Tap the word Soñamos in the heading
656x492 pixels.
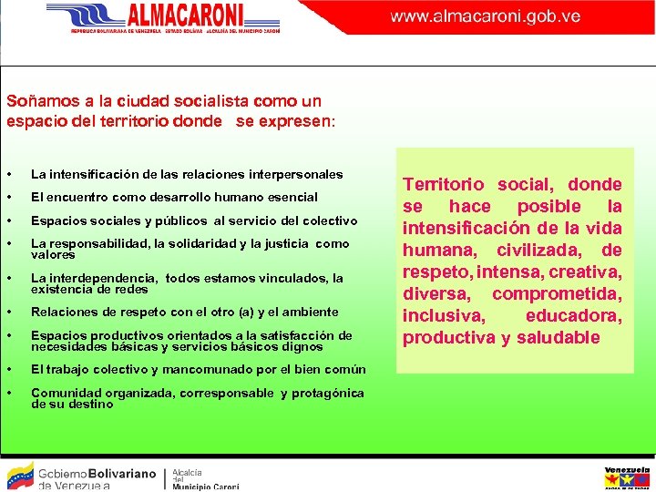click(x=37, y=101)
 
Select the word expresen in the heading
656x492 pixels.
click(x=299, y=120)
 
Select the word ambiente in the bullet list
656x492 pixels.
click(x=312, y=312)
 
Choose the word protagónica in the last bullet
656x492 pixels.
click(x=328, y=394)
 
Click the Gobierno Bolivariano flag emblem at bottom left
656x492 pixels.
click(x=20, y=475)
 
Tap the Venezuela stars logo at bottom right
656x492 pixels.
click(x=627, y=477)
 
